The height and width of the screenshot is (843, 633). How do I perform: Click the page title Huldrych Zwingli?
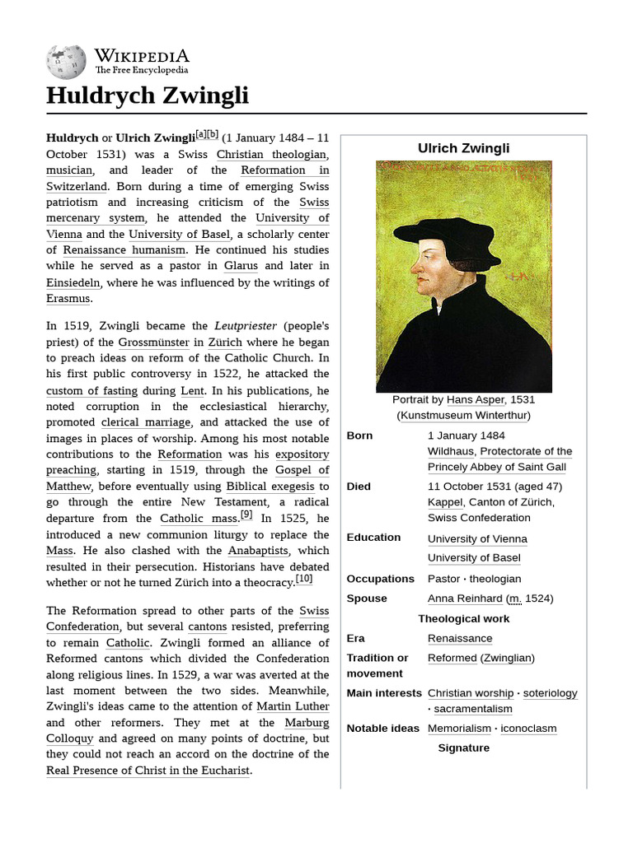click(x=147, y=96)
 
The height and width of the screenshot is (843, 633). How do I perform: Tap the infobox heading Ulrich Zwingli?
click(x=463, y=148)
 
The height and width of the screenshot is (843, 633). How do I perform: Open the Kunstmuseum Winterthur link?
click(x=463, y=415)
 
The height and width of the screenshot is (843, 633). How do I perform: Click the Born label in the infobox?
click(x=359, y=435)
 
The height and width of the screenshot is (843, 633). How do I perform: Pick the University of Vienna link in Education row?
click(x=477, y=539)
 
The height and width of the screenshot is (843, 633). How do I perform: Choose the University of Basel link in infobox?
click(x=474, y=558)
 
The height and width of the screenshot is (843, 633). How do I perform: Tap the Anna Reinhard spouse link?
click(x=465, y=598)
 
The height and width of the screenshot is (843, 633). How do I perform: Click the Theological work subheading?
click(x=463, y=618)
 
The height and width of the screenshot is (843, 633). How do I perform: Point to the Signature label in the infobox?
click(x=463, y=748)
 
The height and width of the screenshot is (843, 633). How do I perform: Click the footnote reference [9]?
click(x=246, y=515)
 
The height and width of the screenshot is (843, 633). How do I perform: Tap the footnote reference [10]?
click(x=304, y=579)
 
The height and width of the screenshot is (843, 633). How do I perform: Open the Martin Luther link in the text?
click(x=293, y=706)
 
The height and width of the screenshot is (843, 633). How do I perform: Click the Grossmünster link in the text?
click(x=152, y=342)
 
